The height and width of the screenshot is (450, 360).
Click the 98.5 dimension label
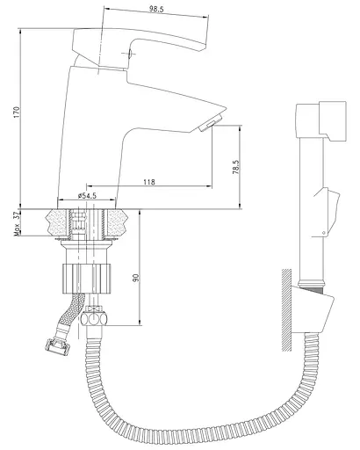156,9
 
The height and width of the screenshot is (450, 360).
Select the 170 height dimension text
17,112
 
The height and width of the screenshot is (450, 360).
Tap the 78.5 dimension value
236,167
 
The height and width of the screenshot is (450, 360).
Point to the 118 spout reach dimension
149,182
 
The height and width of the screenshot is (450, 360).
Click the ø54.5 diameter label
87,196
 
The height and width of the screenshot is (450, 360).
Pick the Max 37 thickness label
17,224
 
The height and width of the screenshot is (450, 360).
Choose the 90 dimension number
135,278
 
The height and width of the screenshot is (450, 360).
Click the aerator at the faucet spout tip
210,124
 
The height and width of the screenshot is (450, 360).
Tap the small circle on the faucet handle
129,54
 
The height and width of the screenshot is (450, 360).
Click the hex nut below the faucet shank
93,318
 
